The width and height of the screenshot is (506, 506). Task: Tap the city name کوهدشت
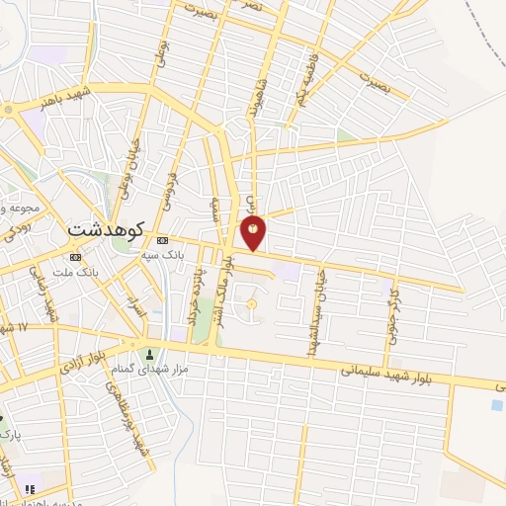(106, 228)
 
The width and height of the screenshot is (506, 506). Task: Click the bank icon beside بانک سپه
(163, 239)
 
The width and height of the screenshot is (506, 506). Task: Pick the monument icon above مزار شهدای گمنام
(150, 355)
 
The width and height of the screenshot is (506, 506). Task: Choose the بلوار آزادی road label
(83, 364)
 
